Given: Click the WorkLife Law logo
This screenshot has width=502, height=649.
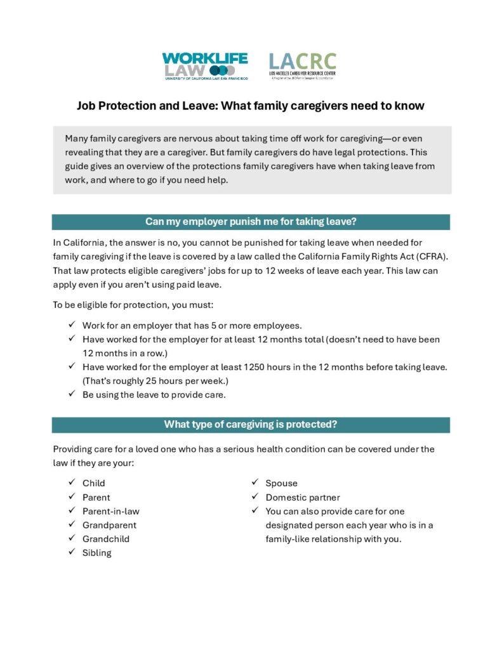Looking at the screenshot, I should pyautogui.click(x=204, y=66).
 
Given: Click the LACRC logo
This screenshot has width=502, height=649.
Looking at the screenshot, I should pyautogui.click(x=302, y=66).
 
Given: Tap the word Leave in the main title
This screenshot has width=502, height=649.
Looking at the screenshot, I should pyautogui.click(x=196, y=106).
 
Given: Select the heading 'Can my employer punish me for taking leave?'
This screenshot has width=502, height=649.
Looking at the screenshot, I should pyautogui.click(x=251, y=221).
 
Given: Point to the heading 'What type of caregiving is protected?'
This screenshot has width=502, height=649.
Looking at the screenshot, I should pyautogui.click(x=251, y=424).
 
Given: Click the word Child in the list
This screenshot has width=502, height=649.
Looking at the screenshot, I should pyautogui.click(x=93, y=483).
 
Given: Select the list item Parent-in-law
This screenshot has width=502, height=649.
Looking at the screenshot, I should pyautogui.click(x=110, y=511).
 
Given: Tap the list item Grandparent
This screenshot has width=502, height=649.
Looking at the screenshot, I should pyautogui.click(x=109, y=525).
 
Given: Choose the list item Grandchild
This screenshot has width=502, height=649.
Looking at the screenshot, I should pyautogui.click(x=105, y=539).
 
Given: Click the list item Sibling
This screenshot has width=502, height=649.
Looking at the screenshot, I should pyautogui.click(x=96, y=553).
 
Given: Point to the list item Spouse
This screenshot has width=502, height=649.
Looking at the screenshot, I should pyautogui.click(x=281, y=483).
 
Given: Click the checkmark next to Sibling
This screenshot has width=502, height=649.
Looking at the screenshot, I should pyautogui.click(x=72, y=552).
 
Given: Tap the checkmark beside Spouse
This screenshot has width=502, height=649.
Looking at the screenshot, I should pyautogui.click(x=255, y=482).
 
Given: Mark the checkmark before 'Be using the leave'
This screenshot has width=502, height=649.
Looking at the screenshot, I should pyautogui.click(x=72, y=394).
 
